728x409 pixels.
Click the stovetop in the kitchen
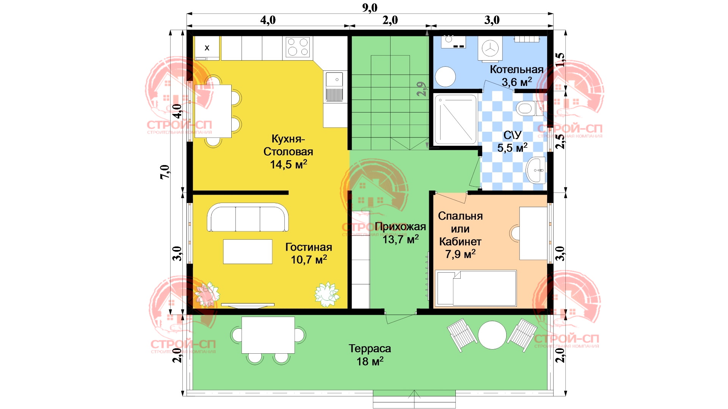coord(298,47)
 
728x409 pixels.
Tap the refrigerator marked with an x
coord(207,48)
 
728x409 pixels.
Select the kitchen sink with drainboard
coord(334,87)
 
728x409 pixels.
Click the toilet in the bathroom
coord(529,108)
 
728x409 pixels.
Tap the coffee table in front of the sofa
coord(248,251)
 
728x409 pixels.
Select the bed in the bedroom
coord(476,288)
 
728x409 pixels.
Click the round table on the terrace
coord(492,335)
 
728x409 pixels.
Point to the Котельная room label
coord(516,69)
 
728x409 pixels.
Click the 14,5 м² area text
coord(289,164)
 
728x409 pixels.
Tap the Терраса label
coord(370,348)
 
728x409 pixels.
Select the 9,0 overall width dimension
coord(370,8)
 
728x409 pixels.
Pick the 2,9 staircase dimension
coord(421,89)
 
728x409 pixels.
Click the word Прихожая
coord(400,226)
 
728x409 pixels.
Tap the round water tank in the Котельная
coord(445,77)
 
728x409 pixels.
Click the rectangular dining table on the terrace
coord(268,335)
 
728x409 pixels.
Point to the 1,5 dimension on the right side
coord(560,60)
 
